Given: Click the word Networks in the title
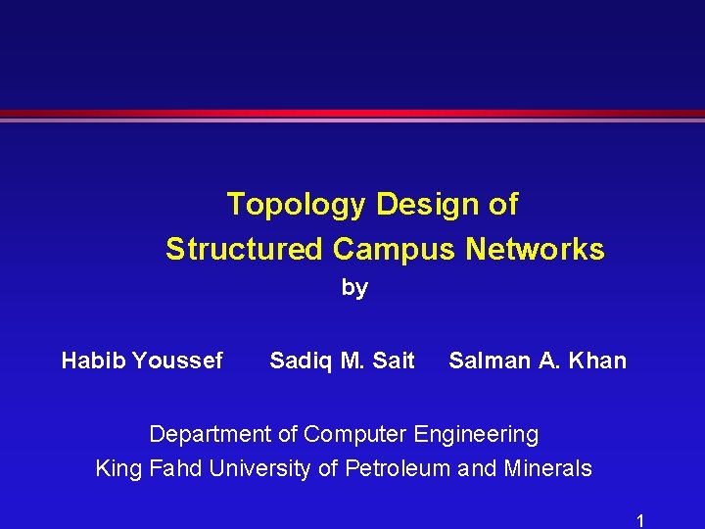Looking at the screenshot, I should pos(535,249).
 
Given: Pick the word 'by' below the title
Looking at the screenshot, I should pos(354,288).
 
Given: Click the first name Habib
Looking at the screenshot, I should pos(94,361).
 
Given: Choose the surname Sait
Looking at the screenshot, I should pos(394,361).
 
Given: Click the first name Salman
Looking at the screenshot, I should pos(490,361).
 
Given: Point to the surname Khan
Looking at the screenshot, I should pos(595,361).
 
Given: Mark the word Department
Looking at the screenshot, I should pos(210,434).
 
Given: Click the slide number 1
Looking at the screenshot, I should pos(640,520).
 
